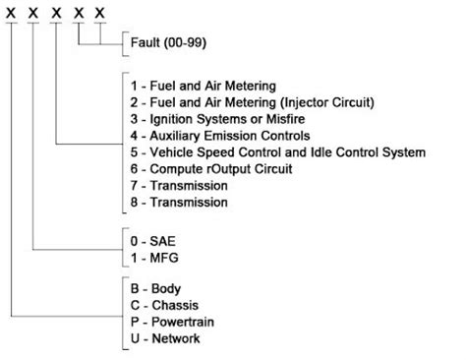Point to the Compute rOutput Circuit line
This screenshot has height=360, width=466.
pos(216,169)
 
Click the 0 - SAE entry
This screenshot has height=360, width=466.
pos(155,239)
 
